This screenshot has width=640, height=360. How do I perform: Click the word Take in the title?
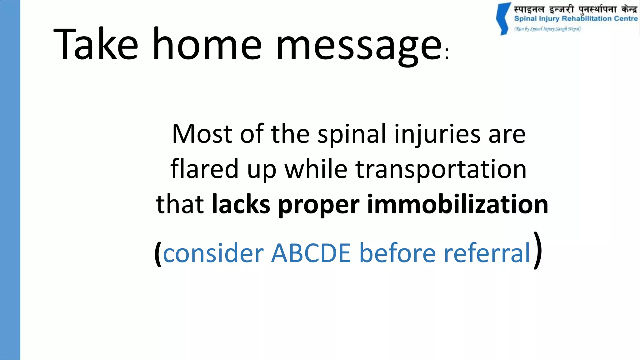[96, 44]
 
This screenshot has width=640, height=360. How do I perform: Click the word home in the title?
[207, 44]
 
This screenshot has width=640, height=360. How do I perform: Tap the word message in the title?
[359, 47]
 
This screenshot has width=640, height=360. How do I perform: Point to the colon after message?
[447, 54]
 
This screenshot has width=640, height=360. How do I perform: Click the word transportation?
[441, 169]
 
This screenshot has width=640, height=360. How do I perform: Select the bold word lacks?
[241, 204]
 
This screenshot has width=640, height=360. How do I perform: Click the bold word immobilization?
[457, 204]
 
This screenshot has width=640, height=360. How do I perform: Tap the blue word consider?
[213, 253]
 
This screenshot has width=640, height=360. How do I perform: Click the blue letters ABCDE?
[311, 253]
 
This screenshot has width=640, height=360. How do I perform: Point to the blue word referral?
[487, 253]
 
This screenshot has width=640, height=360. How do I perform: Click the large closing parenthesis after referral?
[537, 250]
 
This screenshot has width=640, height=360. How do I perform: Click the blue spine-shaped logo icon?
[503, 19]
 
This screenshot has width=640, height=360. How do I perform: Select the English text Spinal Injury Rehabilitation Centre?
[576, 19]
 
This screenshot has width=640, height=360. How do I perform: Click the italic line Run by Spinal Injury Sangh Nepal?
[547, 29]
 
